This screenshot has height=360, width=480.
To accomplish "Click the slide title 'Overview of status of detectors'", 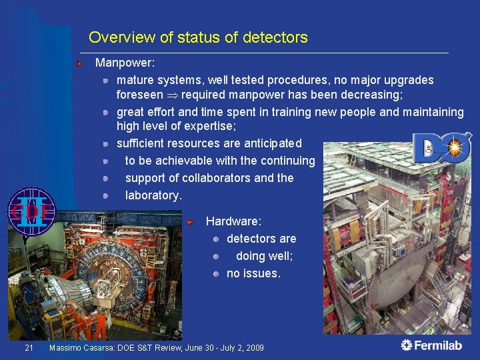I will tap(198, 37).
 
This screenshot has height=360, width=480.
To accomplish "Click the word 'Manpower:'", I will tap(125, 63).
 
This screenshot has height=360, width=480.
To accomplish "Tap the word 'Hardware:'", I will tap(233, 221).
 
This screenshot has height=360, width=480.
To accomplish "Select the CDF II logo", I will tap(31, 211).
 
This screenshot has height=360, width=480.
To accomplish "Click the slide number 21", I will tap(28, 348).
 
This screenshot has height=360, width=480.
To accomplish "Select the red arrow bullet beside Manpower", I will tap(80, 64).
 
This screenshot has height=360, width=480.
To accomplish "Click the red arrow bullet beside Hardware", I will tap(191, 221).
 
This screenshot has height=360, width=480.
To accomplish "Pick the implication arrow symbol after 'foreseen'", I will tap(172, 95).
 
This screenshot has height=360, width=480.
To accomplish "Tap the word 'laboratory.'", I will tap(153, 195).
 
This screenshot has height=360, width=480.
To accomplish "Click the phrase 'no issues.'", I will tap(254, 273).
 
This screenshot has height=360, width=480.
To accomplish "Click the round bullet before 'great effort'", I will tap(106, 112).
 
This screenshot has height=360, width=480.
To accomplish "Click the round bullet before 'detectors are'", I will tap(217, 239).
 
